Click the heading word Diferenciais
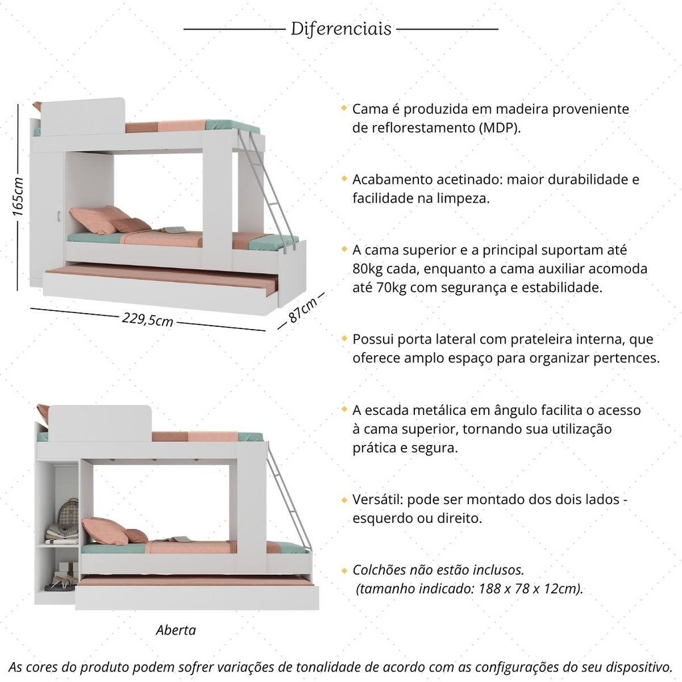341,29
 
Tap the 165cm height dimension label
17,197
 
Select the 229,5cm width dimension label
147,319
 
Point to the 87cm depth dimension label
302,310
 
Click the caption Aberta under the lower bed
176,630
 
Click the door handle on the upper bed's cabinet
59,216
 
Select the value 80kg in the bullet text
368,269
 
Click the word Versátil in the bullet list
379,500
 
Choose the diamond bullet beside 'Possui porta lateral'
344,338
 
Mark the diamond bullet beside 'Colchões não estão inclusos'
344,570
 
